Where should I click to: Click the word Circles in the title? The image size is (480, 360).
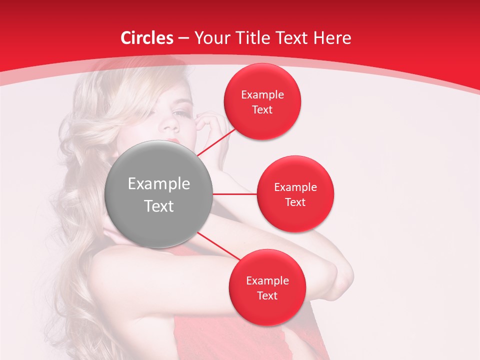(146, 38)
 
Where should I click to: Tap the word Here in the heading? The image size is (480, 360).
(332, 38)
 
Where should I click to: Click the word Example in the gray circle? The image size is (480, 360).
(158, 184)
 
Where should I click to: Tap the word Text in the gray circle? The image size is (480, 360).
(158, 206)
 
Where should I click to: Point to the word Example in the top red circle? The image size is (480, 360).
(262, 95)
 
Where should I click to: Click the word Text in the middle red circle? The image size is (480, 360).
(295, 202)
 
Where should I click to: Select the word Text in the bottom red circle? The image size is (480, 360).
(267, 295)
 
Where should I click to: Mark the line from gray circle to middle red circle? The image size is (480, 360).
(234, 194)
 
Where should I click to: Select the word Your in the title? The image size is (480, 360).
(210, 38)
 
